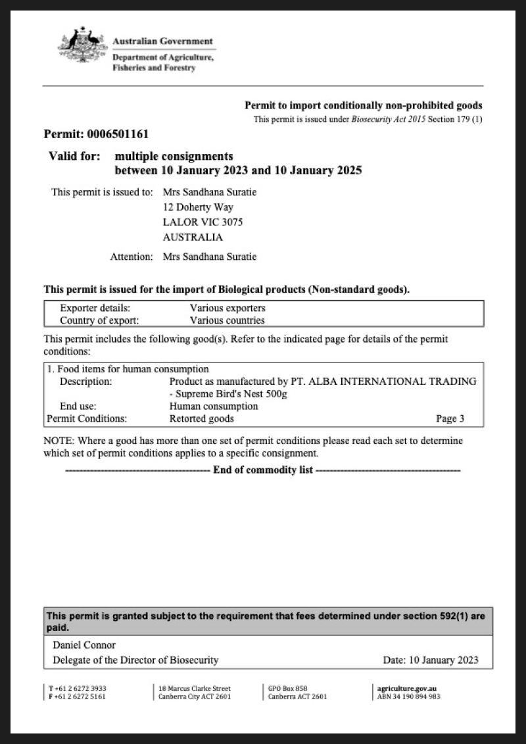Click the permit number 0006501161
[x=118, y=134]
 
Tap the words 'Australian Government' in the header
[x=163, y=41]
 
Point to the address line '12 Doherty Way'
[x=198, y=207]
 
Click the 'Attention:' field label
[x=131, y=257]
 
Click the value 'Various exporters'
[x=227, y=308]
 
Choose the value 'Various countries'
[x=227, y=321]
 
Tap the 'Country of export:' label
[x=99, y=321]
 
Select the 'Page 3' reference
[x=450, y=418]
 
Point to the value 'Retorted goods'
[x=201, y=418]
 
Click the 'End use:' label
[x=78, y=406]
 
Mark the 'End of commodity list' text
[x=263, y=470]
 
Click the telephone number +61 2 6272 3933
[x=81, y=688]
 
